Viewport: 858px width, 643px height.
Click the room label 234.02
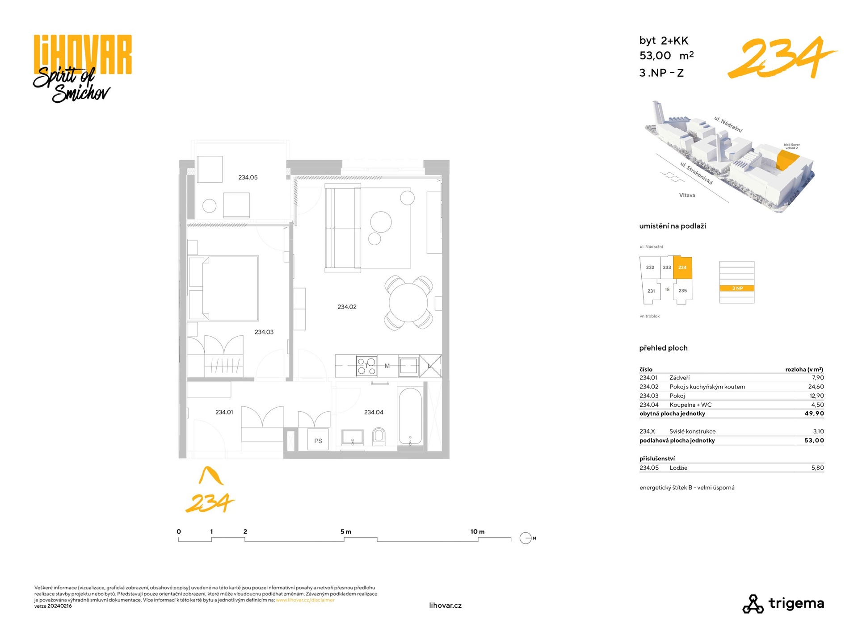347,307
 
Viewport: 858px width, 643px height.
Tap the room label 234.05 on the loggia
248,177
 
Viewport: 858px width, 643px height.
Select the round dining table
408,303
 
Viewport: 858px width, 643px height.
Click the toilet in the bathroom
379,436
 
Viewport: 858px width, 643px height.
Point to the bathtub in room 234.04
410,417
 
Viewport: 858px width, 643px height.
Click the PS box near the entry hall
318,441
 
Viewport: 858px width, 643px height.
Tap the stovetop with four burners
366,366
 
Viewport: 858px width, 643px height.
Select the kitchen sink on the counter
408,366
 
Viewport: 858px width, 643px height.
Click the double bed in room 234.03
223,288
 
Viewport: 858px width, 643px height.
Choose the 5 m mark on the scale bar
345,531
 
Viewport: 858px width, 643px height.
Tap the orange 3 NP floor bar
737,288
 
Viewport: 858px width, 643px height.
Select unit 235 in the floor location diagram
682,291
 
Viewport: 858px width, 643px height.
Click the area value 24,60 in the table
816,387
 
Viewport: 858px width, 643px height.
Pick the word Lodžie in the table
678,468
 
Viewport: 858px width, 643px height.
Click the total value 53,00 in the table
814,440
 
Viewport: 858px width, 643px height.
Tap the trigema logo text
796,603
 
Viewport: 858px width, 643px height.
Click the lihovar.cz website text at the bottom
445,605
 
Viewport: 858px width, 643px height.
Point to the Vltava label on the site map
687,195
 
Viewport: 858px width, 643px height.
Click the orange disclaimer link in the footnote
305,600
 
